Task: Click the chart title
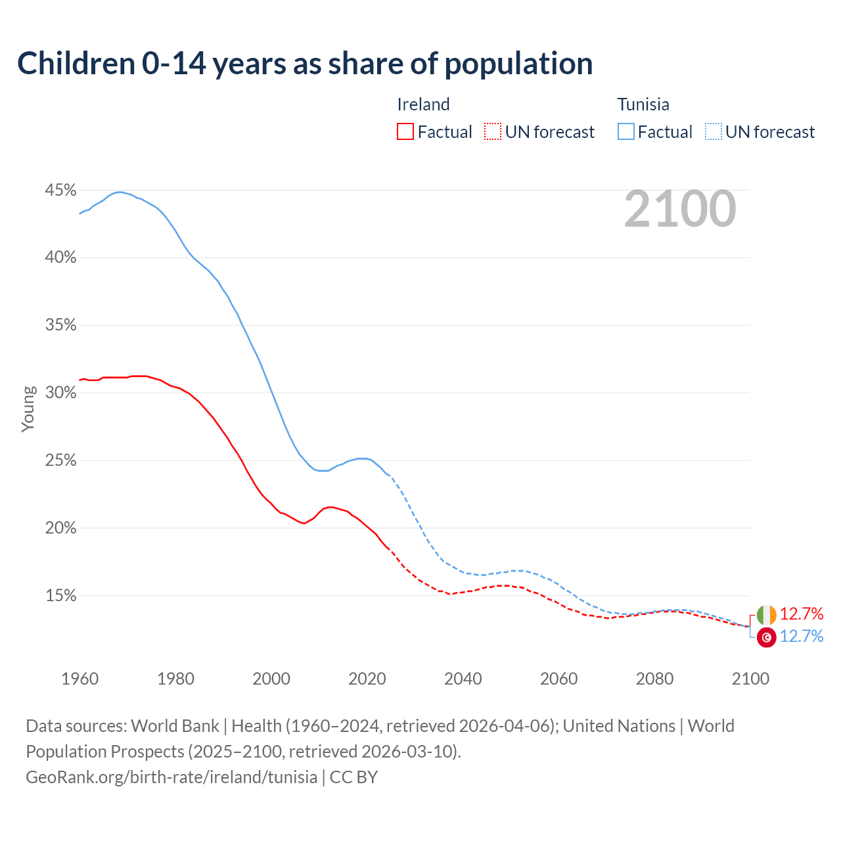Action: coord(305,64)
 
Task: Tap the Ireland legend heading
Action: coord(423,104)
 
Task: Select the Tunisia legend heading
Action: coord(643,104)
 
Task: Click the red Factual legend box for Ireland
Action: coord(405,132)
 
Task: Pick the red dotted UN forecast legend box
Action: coord(493,132)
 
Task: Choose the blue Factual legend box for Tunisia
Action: coord(626,132)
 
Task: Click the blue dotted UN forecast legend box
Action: coord(714,132)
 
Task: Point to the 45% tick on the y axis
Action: coord(60,191)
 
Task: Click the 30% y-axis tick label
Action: coord(60,393)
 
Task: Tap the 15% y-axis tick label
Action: coord(60,596)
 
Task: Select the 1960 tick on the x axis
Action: coord(80,679)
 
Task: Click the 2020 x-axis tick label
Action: coord(367,679)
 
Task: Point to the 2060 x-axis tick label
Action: coord(558,679)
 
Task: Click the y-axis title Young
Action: coord(28,409)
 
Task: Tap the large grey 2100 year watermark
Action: coord(680,209)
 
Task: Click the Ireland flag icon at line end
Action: coord(766,615)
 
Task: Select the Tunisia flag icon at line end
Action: coord(766,637)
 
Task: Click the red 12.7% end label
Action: coord(802,614)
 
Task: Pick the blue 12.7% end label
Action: coord(802,636)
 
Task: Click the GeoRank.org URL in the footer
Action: coord(171,777)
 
